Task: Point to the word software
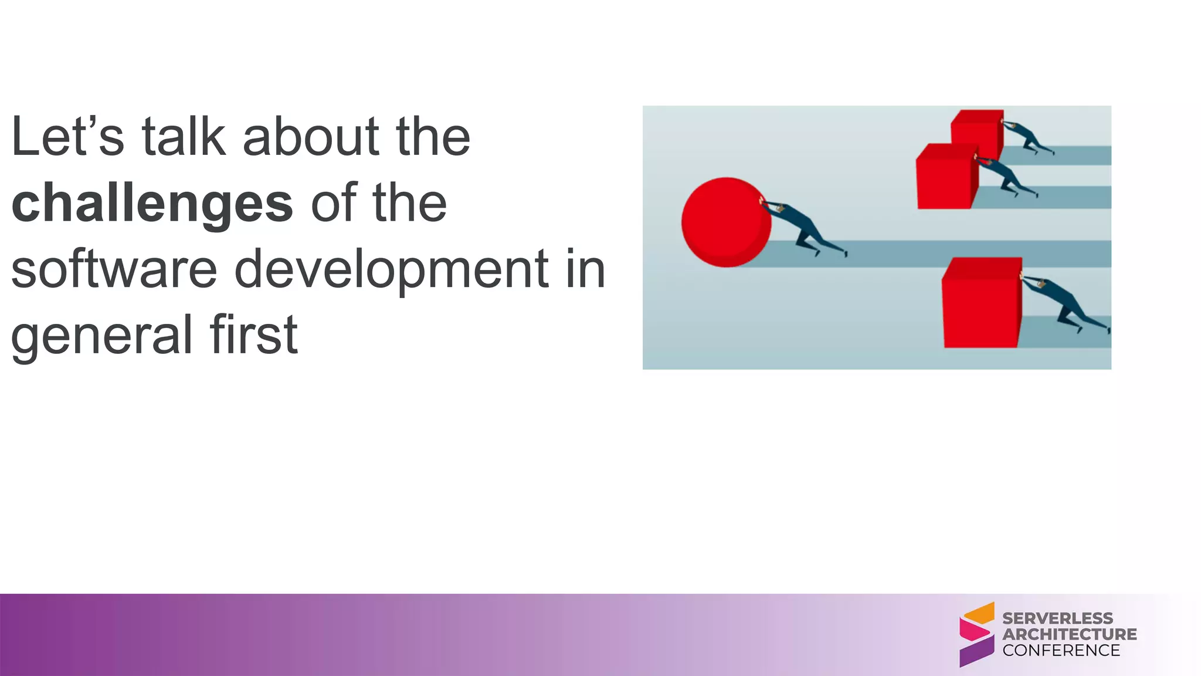coord(114,269)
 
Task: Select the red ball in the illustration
coord(725,222)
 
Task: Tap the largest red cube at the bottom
coord(982,303)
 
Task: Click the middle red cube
coord(945,178)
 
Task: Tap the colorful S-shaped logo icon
coord(976,634)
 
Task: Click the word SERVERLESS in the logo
coord(1057,618)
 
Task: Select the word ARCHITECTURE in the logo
coord(1069,634)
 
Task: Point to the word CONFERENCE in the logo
coord(1061,650)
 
